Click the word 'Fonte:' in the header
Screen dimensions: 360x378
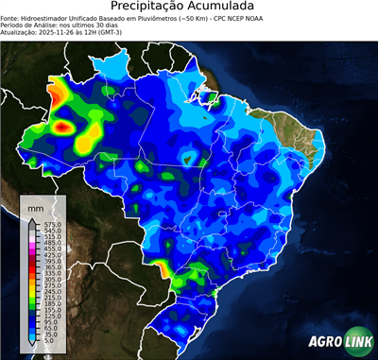[11, 17]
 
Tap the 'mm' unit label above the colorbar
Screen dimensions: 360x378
[36, 205]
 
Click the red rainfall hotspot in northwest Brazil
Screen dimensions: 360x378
[63, 125]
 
